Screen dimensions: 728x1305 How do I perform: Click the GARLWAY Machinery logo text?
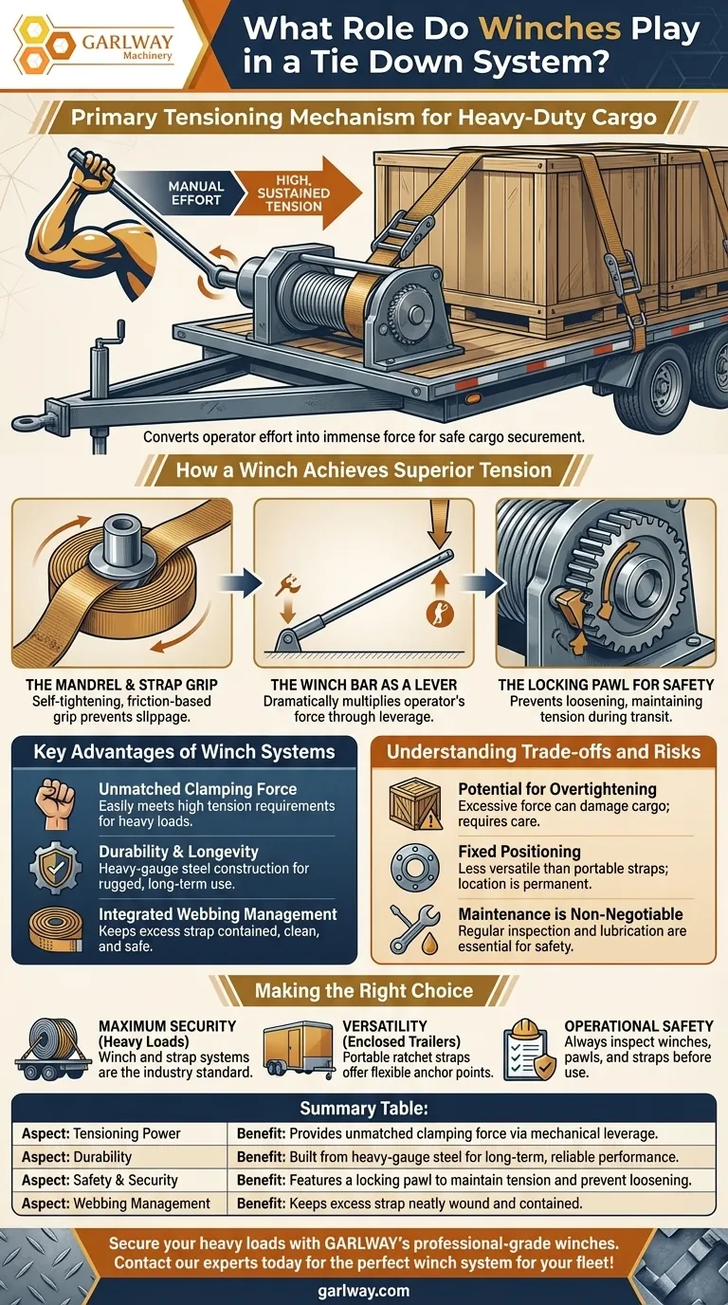(x=128, y=46)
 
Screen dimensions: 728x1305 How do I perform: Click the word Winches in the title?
(x=551, y=28)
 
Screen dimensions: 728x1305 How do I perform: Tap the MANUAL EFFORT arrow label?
(x=195, y=193)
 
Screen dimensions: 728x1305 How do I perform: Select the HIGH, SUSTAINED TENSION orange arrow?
(x=299, y=193)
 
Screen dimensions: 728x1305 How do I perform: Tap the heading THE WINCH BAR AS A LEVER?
(x=364, y=685)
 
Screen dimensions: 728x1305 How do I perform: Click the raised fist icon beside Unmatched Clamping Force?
(x=55, y=804)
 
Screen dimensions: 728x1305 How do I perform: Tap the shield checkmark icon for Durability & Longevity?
(x=56, y=868)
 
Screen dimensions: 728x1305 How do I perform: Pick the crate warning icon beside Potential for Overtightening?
(x=414, y=803)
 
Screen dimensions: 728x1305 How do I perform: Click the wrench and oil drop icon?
(x=414, y=929)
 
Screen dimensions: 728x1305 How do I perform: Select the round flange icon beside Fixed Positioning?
(x=414, y=868)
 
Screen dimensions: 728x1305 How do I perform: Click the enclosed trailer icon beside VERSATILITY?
(x=299, y=1049)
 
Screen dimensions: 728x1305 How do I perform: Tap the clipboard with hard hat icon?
(x=529, y=1050)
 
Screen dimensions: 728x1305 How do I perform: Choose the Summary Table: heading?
(x=364, y=1108)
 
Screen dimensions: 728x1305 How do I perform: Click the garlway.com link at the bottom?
(x=364, y=1291)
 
